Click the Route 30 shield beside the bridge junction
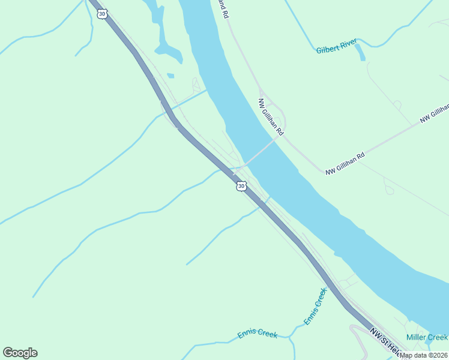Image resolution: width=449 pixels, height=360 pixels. click(241, 187)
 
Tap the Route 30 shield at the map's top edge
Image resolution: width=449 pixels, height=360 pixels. click(102, 14)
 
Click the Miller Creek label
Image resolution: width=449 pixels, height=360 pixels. click(427, 337)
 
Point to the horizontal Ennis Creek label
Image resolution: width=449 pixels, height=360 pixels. click(257, 334)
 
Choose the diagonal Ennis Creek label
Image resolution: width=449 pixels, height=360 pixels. click(315, 307)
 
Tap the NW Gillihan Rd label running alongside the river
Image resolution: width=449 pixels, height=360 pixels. click(271, 116)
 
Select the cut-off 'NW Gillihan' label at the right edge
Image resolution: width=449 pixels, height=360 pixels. click(435, 113)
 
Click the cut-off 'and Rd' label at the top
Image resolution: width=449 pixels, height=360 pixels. click(224, 9)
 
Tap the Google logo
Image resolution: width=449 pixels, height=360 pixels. click(20, 353)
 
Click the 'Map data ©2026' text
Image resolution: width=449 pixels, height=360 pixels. click(424, 355)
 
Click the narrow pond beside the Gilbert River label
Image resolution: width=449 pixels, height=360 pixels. click(360, 53)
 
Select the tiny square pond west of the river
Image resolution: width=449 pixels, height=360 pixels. click(170, 76)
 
